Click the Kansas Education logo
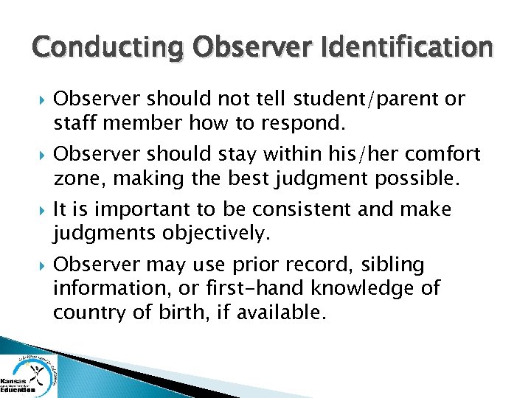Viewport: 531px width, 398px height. pos(28,376)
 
